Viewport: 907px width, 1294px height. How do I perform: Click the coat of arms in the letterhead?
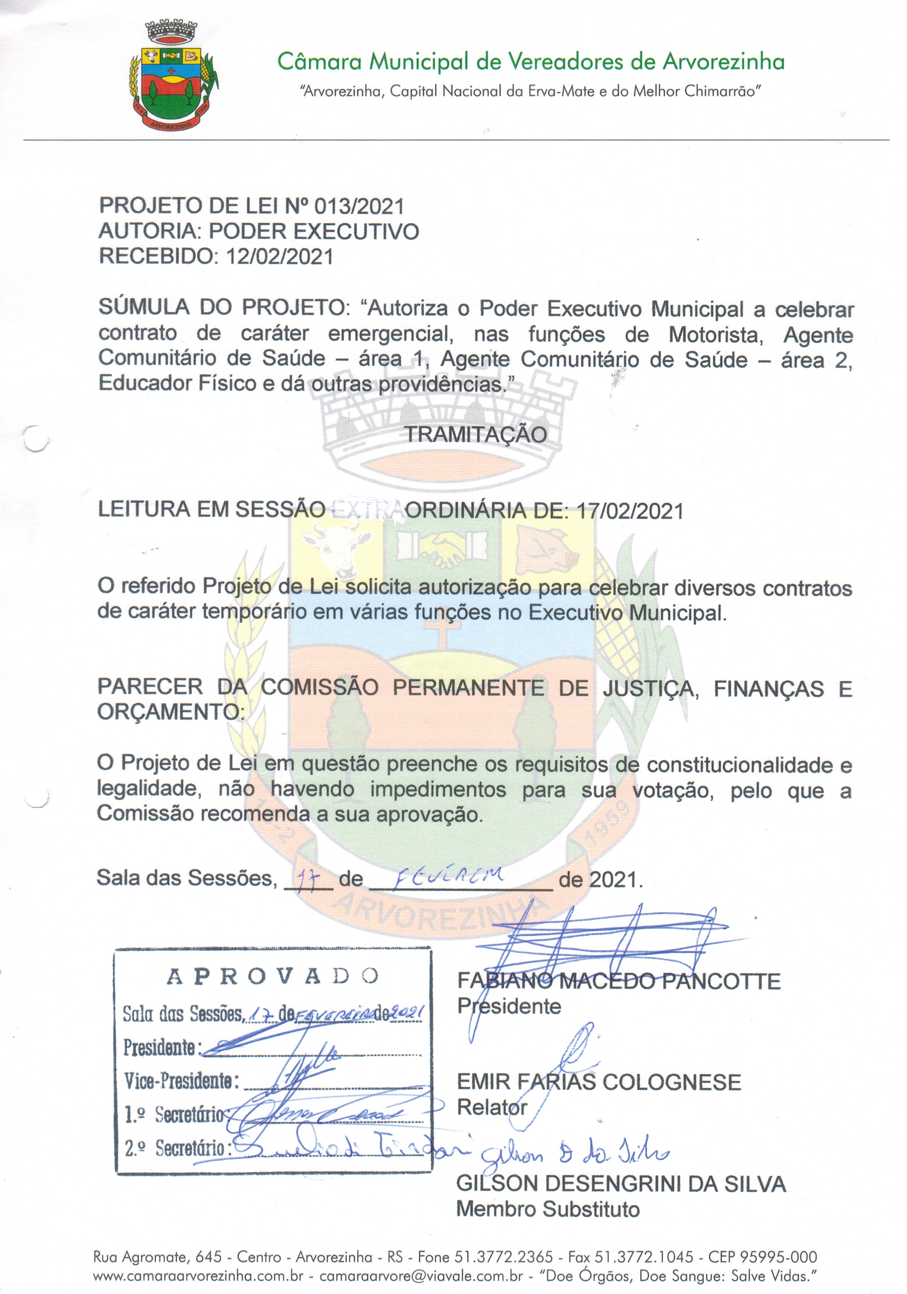174,76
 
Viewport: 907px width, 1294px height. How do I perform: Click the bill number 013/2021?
359,206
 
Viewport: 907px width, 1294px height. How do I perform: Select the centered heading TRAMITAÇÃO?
476,434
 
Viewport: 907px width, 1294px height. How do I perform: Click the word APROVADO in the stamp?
273,977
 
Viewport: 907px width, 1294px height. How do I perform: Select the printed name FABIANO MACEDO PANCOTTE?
618,981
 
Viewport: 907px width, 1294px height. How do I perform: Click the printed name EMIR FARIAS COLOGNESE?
599,1082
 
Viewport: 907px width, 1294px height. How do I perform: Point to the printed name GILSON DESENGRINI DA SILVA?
620,1184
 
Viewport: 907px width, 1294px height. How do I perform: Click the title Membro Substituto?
548,1209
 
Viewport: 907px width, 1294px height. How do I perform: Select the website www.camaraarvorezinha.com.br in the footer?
198,1276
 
